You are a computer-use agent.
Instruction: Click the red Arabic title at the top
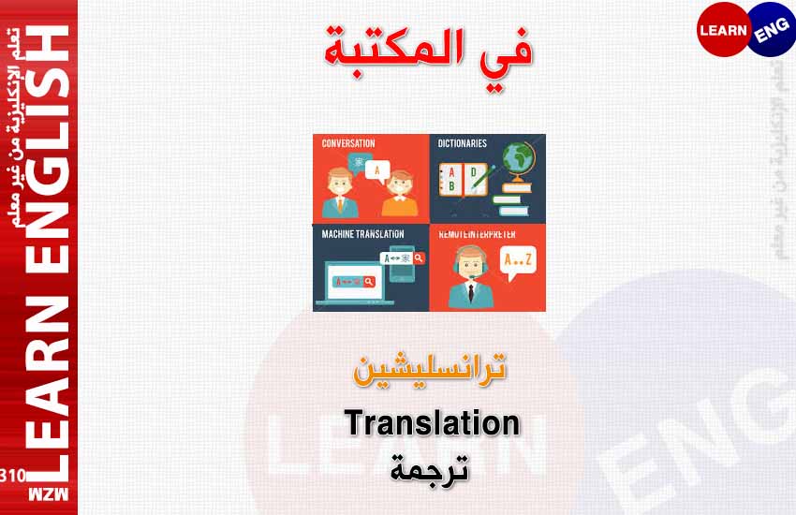(429, 56)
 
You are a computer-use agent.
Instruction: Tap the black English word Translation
(432, 422)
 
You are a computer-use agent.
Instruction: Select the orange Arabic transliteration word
(430, 369)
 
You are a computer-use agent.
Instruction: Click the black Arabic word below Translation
(430, 468)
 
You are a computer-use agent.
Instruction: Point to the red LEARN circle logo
(723, 29)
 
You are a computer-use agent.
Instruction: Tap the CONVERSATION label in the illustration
(348, 143)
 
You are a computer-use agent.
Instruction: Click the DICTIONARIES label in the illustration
(462, 143)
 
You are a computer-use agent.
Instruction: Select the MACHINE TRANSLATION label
(363, 234)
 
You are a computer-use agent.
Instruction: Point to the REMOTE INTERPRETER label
(478, 234)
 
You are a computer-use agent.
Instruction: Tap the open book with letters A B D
(463, 180)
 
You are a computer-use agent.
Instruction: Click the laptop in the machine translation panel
(355, 283)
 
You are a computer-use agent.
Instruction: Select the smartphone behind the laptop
(402, 263)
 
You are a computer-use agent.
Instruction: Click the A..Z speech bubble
(518, 262)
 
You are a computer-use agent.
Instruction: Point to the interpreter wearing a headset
(471, 276)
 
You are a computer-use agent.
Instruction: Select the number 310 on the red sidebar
(13, 476)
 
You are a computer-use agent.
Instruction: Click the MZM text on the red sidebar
(48, 494)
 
